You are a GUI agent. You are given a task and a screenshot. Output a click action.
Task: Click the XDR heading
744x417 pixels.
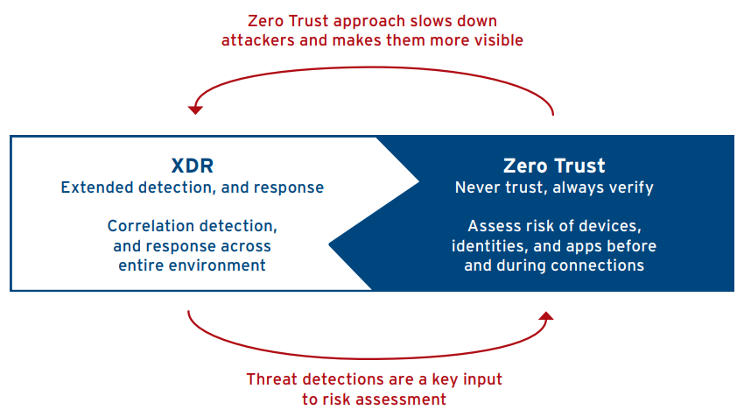point(193,166)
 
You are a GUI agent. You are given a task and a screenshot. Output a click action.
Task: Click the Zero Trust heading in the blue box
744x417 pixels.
point(554,166)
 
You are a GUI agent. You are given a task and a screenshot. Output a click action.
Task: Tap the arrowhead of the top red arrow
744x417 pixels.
point(195,110)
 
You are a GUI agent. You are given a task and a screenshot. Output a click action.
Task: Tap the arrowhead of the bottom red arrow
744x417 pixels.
point(546,316)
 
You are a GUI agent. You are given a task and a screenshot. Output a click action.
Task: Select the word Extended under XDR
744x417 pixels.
point(97,187)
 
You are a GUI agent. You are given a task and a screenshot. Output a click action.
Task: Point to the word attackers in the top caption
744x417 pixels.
point(258,40)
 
